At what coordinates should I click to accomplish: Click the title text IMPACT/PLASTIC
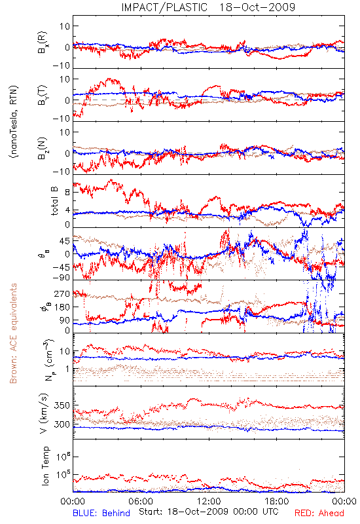(164, 7)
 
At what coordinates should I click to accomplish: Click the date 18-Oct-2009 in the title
(257, 7)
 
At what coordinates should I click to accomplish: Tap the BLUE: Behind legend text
(101, 513)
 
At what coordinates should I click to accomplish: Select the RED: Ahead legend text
(319, 513)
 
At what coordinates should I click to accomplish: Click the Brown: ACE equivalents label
(13, 333)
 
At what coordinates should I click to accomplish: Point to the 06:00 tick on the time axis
(141, 501)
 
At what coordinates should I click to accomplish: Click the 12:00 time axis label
(209, 501)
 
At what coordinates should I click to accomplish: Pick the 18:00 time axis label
(277, 501)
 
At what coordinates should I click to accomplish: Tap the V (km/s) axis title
(44, 413)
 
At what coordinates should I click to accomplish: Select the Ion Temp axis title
(45, 466)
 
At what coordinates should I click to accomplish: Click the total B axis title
(54, 201)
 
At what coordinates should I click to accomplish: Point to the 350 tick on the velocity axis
(62, 405)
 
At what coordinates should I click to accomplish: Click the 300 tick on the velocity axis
(62, 424)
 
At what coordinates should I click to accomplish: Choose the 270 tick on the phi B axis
(62, 293)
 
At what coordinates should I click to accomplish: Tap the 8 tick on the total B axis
(67, 192)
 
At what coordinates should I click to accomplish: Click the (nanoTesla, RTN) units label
(14, 122)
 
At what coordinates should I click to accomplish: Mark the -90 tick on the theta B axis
(62, 278)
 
